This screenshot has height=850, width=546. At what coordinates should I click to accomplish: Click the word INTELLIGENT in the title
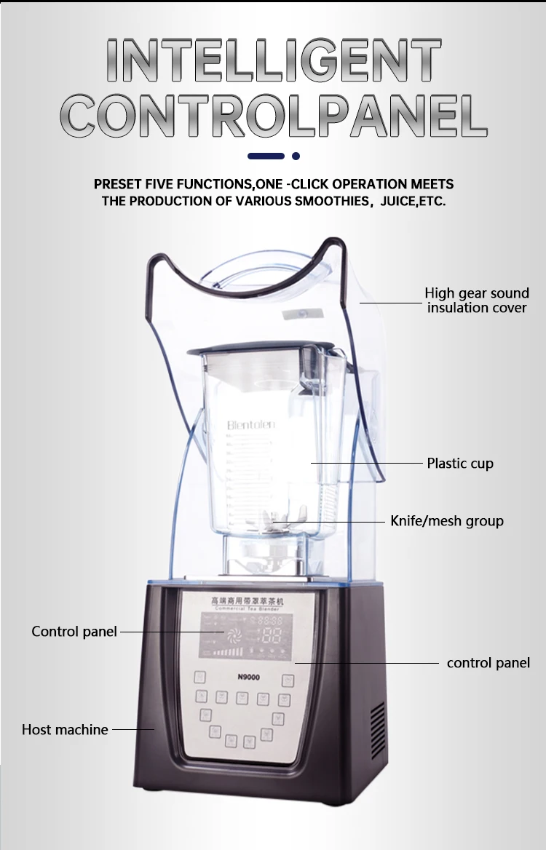coord(273,60)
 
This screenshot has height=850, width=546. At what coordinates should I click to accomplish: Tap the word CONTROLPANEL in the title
coord(273,115)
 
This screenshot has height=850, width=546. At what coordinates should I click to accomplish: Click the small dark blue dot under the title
coord(296,156)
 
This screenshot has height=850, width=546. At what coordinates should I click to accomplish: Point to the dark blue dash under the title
coord(265,156)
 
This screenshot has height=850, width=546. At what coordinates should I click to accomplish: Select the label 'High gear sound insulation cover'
coord(477,301)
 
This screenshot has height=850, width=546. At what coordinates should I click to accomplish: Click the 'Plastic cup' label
coord(460,464)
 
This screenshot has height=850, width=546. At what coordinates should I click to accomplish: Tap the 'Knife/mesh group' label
coord(447,521)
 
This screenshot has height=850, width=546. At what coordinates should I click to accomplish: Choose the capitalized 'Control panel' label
coord(74,632)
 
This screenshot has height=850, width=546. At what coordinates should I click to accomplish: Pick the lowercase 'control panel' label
coord(488,663)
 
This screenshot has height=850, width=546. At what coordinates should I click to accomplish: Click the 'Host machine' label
coord(65,729)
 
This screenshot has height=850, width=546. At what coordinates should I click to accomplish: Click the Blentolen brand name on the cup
coord(250,425)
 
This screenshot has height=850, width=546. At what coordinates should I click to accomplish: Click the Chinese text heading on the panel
coord(248,601)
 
